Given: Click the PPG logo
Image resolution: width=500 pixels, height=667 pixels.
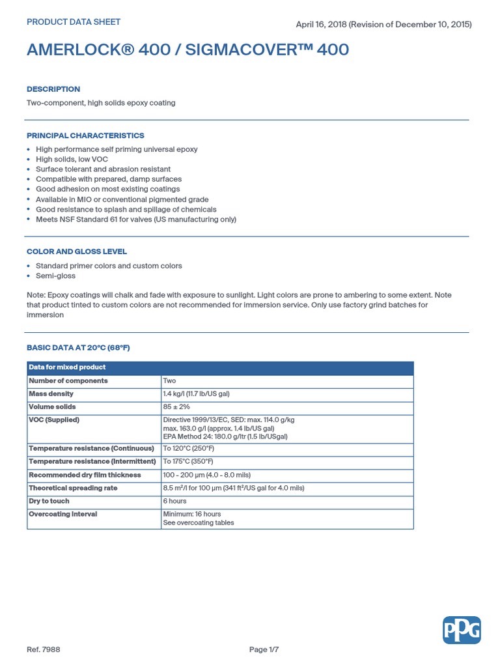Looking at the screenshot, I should [x=462, y=631].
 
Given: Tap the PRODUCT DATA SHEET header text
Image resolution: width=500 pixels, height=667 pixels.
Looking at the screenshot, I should [x=73, y=22].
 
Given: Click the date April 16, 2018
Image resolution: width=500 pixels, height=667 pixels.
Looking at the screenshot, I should [x=321, y=25].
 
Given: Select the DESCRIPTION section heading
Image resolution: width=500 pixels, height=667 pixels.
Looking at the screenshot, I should [x=53, y=89].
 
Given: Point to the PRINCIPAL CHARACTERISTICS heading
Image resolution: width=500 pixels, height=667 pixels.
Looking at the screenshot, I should [x=85, y=135].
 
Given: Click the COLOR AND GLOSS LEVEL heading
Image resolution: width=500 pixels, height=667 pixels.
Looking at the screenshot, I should [x=77, y=251].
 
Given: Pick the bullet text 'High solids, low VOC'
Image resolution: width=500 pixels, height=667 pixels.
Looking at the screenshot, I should [x=72, y=159].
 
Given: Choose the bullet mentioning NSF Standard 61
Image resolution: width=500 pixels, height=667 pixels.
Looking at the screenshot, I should [x=135, y=220].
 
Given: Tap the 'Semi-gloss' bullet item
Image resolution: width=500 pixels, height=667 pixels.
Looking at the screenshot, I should [x=55, y=276].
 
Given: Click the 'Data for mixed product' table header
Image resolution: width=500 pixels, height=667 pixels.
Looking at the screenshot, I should [x=67, y=367].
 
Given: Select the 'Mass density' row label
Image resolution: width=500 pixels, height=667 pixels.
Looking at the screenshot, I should [x=51, y=394].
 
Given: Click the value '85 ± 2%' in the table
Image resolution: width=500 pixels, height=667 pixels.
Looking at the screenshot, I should [x=176, y=407].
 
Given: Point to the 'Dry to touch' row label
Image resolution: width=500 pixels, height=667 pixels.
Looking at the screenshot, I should [x=49, y=501].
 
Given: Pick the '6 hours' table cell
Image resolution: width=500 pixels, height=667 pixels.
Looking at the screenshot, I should [x=174, y=501].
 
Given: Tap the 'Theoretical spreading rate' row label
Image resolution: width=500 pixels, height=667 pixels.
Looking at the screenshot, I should [x=73, y=488].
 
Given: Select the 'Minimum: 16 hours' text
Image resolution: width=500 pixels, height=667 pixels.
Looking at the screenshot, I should [x=191, y=514].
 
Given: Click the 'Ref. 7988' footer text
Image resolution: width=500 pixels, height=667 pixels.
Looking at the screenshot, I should [x=44, y=649].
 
